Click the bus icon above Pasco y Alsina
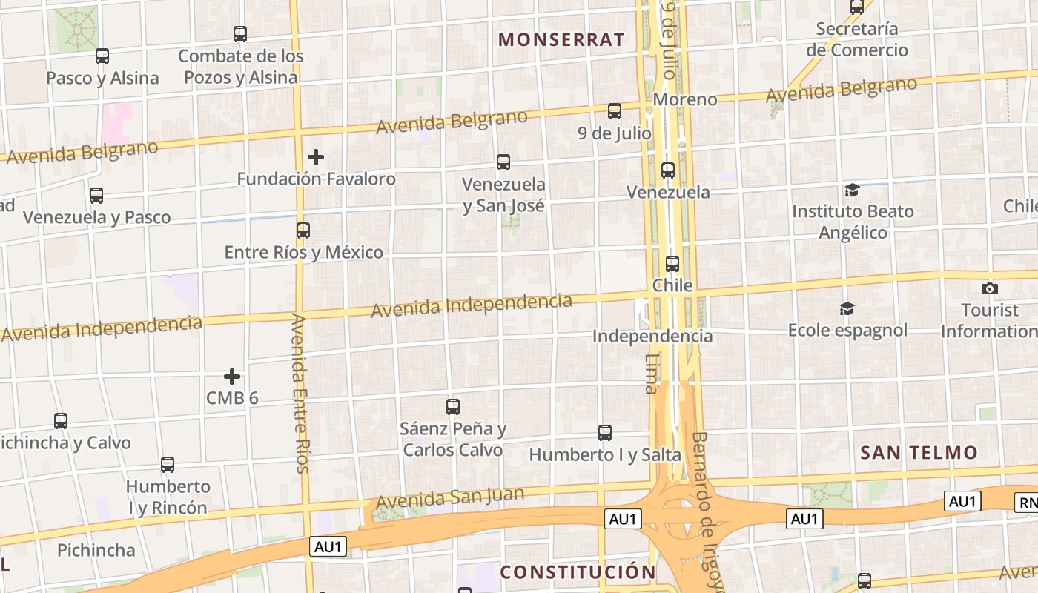pyautogui.click(x=102, y=56)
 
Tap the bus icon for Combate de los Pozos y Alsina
pyautogui.click(x=240, y=34)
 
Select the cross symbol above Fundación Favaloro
pyautogui.click(x=316, y=157)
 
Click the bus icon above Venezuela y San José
pyautogui.click(x=503, y=162)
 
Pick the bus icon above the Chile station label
pyautogui.click(x=672, y=264)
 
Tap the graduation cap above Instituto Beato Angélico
pyautogui.click(x=852, y=191)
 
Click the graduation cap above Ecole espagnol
pyautogui.click(x=847, y=308)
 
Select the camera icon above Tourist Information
pyautogui.click(x=989, y=288)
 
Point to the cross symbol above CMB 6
pyautogui.click(x=232, y=377)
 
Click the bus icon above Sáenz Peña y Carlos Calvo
pyautogui.click(x=453, y=407)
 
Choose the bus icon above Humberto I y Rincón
pyautogui.click(x=168, y=465)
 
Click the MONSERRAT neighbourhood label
pyautogui.click(x=561, y=40)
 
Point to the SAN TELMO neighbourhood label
pyautogui.click(x=919, y=452)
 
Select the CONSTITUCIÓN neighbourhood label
pyautogui.click(x=578, y=572)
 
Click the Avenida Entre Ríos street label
pyautogui.click(x=300, y=393)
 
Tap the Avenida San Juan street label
pyautogui.click(x=450, y=498)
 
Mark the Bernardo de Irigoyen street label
pyautogui.click(x=705, y=511)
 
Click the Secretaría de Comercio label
pyautogui.click(x=857, y=39)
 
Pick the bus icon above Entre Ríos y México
pyautogui.click(x=303, y=231)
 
